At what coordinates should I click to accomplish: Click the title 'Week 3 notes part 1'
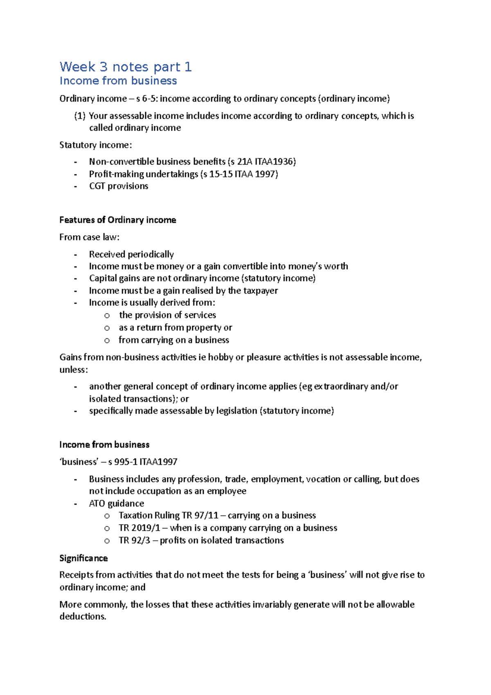point(125,67)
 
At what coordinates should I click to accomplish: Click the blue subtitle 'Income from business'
point(118,81)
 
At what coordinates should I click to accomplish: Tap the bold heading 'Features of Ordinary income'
point(117,220)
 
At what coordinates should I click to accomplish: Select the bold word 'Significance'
point(83,558)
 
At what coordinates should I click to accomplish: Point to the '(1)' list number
point(80,116)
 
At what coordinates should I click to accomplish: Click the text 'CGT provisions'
point(119,186)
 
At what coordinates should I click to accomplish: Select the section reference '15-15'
point(221,174)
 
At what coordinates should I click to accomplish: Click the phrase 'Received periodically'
point(131,254)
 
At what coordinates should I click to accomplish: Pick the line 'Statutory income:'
point(96,145)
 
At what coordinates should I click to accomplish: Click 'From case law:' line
point(89,237)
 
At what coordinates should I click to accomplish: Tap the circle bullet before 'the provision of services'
point(107,315)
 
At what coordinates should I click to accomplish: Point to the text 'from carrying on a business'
point(173,340)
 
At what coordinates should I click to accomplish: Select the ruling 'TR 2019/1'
point(139,528)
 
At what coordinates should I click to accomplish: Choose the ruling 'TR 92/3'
point(134,540)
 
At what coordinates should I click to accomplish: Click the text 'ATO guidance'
point(117,503)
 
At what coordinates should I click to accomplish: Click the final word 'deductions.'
point(83,616)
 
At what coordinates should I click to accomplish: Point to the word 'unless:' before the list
point(74,370)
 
